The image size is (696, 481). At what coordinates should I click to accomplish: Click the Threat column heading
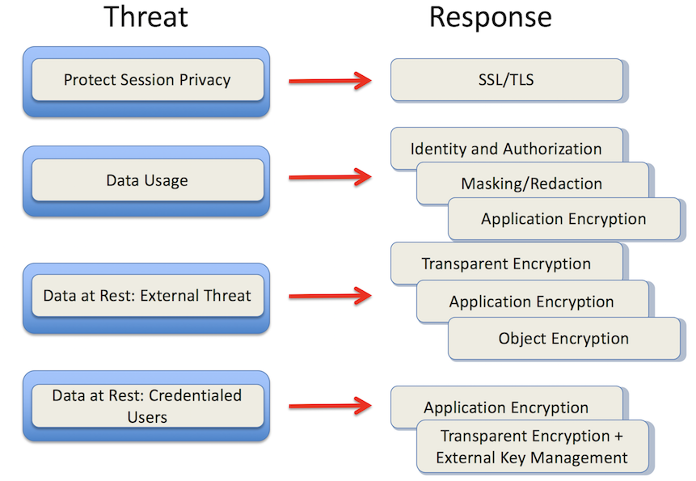point(146,17)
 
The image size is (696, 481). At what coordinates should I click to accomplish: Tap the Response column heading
point(491,18)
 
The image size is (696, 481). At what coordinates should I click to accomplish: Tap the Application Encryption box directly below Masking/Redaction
point(563,219)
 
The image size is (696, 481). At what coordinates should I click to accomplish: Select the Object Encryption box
point(563,339)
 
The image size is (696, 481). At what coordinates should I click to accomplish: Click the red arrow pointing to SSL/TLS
point(331,81)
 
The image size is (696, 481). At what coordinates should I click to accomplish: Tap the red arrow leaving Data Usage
point(331,177)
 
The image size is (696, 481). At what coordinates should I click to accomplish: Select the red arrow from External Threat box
point(331,296)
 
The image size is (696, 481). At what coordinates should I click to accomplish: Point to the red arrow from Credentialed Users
point(331,406)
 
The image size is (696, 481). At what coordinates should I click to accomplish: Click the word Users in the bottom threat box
point(147,417)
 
